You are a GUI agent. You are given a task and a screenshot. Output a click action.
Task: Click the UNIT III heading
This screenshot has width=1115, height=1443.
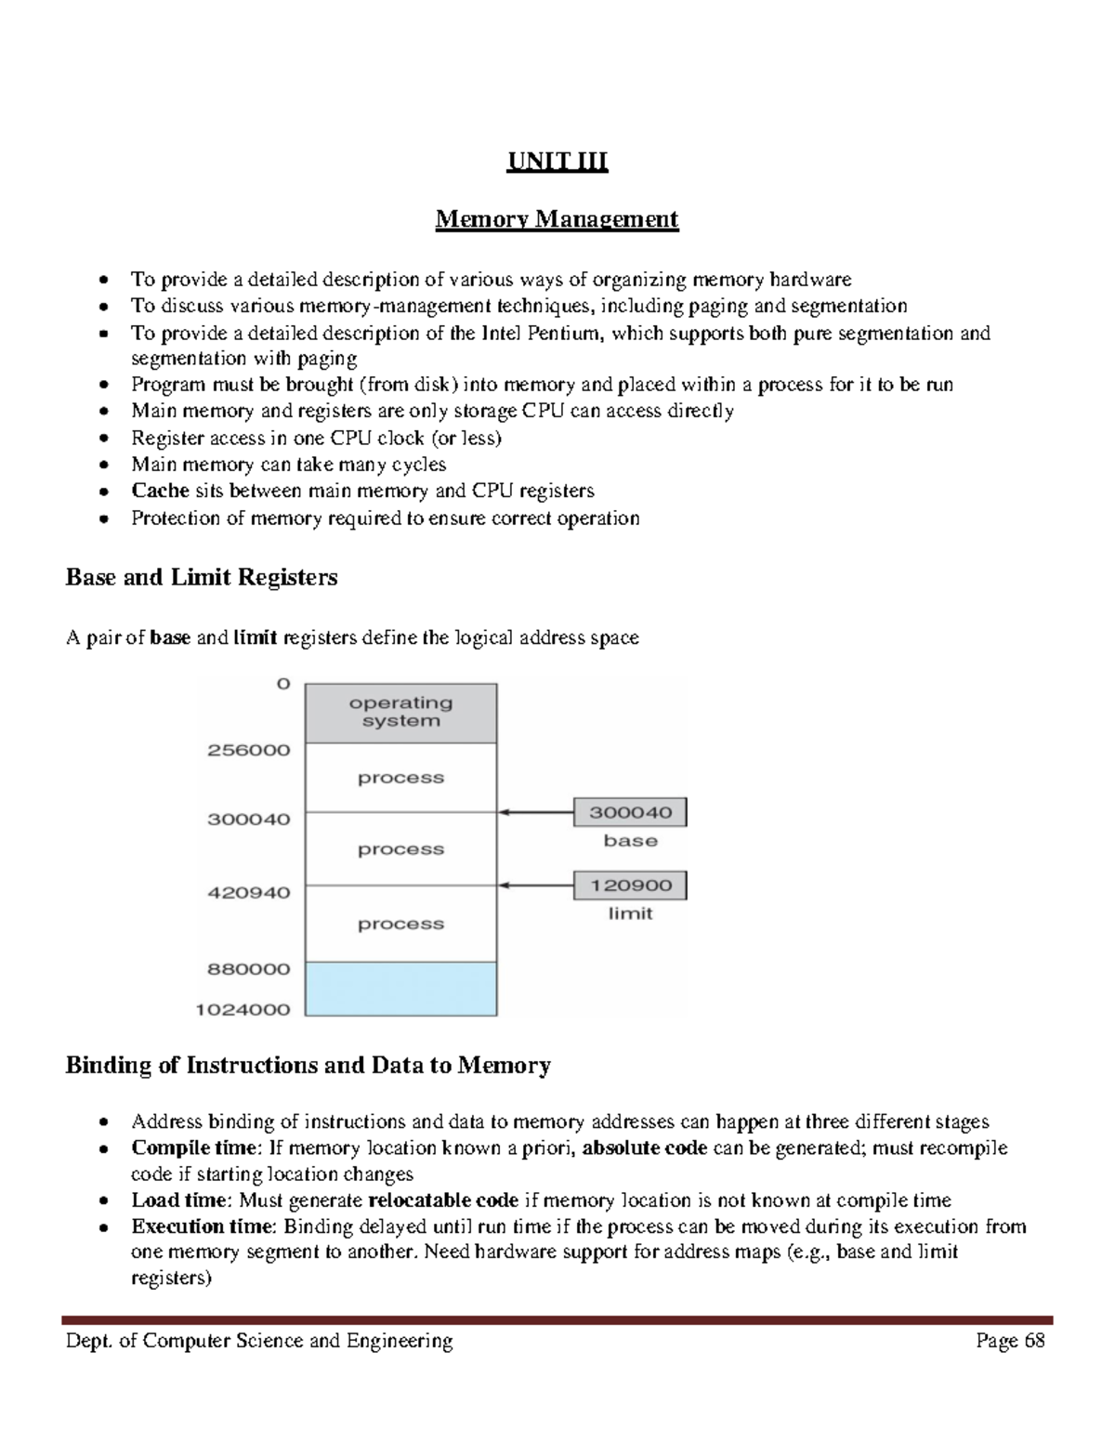(x=557, y=163)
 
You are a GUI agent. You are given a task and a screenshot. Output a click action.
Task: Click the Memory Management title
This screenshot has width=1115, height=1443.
(x=557, y=219)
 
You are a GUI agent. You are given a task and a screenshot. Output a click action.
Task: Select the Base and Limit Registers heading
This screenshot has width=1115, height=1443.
(x=202, y=578)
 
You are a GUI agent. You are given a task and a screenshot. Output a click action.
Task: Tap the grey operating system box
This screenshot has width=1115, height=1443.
(x=400, y=713)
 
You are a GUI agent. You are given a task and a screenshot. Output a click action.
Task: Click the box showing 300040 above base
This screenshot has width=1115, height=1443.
(x=630, y=812)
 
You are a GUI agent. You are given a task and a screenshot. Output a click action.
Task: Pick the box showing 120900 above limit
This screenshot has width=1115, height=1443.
(x=630, y=885)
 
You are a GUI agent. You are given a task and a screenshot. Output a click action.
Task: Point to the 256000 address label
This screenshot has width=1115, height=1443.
(x=248, y=750)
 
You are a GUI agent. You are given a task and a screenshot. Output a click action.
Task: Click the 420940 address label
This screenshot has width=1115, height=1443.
(x=248, y=893)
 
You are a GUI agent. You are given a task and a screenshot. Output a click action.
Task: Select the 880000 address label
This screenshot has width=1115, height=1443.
(x=248, y=969)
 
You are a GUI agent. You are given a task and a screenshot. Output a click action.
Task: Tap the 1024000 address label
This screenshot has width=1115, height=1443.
(x=243, y=1010)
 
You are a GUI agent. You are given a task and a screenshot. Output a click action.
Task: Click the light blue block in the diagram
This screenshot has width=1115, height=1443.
(x=400, y=989)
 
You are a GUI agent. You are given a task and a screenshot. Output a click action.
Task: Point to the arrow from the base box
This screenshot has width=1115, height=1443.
(x=535, y=812)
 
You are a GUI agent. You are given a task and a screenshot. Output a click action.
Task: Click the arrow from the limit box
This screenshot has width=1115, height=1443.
(x=535, y=885)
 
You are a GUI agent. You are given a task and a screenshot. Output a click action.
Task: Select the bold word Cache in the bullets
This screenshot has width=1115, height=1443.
(x=160, y=491)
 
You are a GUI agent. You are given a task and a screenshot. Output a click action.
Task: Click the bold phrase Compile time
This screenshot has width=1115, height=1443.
(x=193, y=1148)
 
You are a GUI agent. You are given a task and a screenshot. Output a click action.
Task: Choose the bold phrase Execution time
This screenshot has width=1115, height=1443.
(x=203, y=1227)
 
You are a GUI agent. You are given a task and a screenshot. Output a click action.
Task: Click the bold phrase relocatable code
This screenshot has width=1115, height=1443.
(x=443, y=1200)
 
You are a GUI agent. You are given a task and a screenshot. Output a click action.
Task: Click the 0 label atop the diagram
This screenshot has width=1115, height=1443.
(x=282, y=684)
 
